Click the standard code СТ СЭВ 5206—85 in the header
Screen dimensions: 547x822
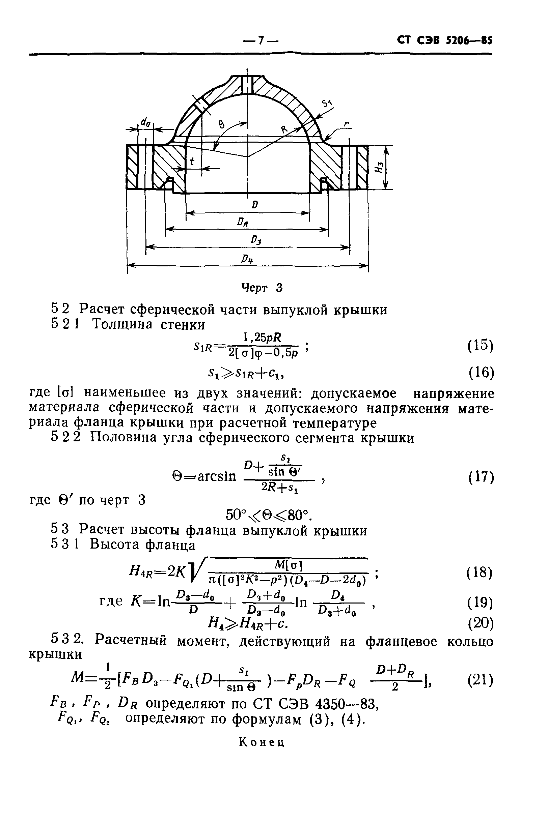pyautogui.click(x=445, y=40)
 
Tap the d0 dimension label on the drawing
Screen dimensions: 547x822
pyautogui.click(x=145, y=122)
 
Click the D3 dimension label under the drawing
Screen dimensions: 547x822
pyautogui.click(x=256, y=240)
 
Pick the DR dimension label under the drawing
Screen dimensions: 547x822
pyautogui.click(x=242, y=222)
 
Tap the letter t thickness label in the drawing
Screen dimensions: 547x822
pyautogui.click(x=192, y=161)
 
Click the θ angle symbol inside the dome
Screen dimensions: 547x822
pyautogui.click(x=221, y=124)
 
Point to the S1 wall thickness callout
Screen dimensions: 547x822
pyautogui.click(x=327, y=103)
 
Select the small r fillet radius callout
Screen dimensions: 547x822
pyautogui.click(x=346, y=124)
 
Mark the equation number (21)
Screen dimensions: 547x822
pyautogui.click(x=481, y=680)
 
